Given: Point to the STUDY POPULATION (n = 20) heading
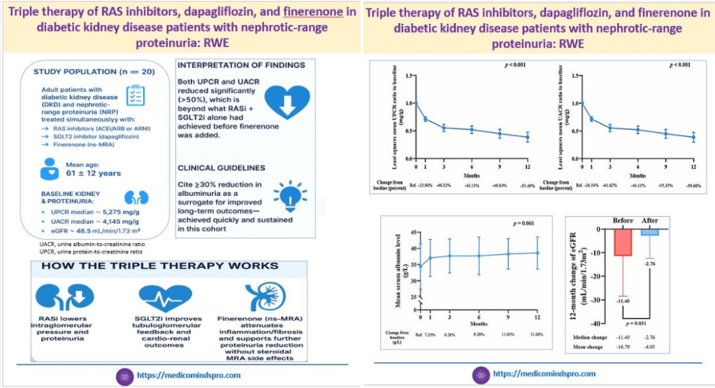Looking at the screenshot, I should pyautogui.click(x=96, y=72).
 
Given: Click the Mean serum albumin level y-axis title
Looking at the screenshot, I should pyautogui.click(x=385, y=278).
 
